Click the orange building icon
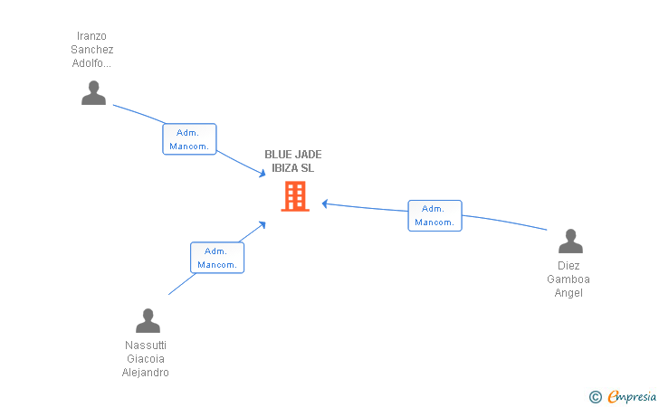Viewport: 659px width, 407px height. click(x=295, y=196)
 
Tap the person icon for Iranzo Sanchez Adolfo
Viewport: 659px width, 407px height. click(x=93, y=92)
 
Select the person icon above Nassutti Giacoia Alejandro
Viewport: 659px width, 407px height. click(x=148, y=320)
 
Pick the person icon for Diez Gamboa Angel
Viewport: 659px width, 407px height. click(x=570, y=241)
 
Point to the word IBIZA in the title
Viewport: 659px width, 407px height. click(x=285, y=168)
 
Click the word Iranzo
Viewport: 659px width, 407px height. click(x=91, y=37)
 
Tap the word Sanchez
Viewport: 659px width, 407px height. click(x=91, y=51)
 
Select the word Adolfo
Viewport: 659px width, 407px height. click(x=90, y=63)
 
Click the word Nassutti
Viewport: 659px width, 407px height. click(x=146, y=345)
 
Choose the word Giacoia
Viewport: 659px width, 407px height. click(x=146, y=359)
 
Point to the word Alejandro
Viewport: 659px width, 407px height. click(x=146, y=373)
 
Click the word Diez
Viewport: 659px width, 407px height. click(x=568, y=267)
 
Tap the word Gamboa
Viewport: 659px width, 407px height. click(x=568, y=279)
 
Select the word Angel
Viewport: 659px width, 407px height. click(x=568, y=293)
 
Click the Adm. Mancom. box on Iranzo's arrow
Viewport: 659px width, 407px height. click(x=189, y=139)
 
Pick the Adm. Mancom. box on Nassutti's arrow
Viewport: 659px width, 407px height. click(x=217, y=258)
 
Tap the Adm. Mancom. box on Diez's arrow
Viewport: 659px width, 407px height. click(x=435, y=215)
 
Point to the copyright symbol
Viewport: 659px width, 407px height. click(x=596, y=396)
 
